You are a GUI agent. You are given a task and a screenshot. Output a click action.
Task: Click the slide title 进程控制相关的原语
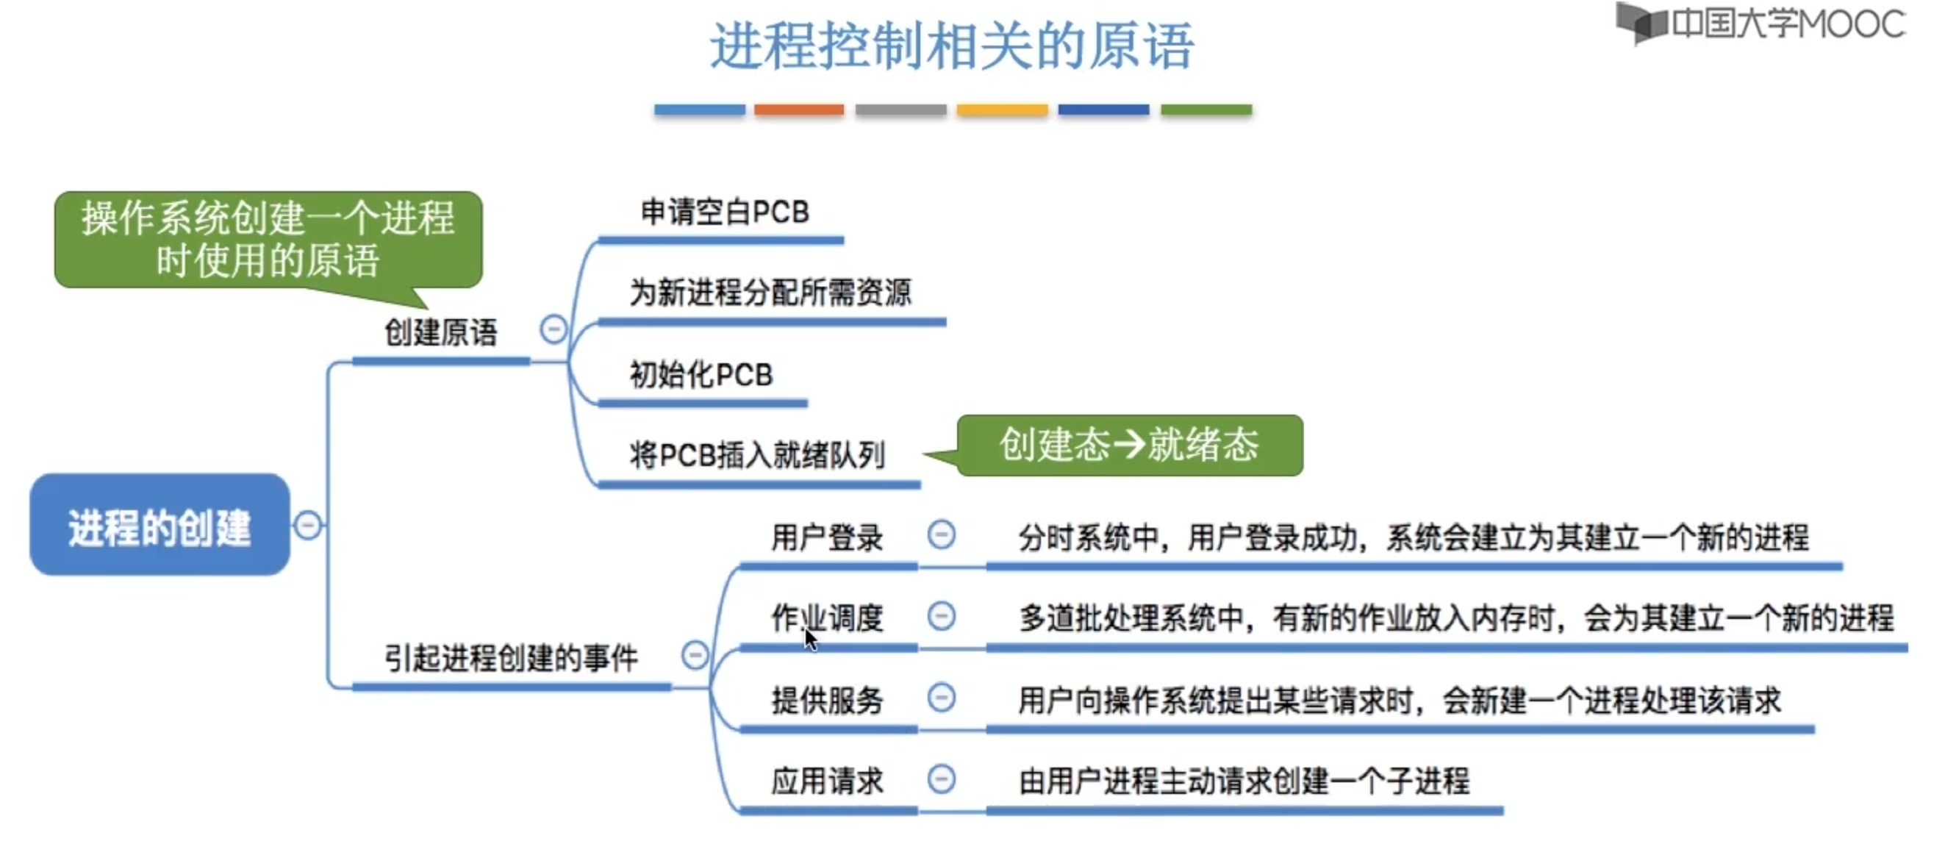pos(952,47)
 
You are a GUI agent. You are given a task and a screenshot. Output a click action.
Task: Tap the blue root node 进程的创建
pos(160,526)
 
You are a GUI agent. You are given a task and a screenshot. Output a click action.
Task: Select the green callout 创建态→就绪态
pos(1129,445)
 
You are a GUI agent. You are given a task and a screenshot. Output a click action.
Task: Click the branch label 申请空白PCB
pos(725,212)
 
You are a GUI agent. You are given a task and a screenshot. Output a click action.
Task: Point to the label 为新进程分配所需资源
pos(770,293)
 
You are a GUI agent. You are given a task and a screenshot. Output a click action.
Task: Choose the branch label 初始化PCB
pos(701,375)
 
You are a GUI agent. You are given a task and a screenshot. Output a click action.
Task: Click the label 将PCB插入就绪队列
pos(757,455)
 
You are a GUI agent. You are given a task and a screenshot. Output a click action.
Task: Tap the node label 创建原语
pos(441,333)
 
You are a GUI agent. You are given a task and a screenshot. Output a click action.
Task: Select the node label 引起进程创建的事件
pos(511,659)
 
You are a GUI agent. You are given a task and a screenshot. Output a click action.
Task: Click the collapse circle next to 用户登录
pos(941,535)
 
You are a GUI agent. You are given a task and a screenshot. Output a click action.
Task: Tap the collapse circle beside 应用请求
pos(941,779)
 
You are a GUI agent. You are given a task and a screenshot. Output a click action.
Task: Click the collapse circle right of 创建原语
pos(554,329)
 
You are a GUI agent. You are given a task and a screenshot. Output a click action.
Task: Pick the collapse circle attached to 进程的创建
pos(307,525)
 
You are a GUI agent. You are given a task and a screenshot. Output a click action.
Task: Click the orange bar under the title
pos(799,110)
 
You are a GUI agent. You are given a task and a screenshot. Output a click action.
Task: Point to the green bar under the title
pos(1206,110)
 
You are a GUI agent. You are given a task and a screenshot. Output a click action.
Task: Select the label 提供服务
pos(827,700)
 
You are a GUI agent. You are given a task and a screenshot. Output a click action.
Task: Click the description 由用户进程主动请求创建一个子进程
pos(1244,781)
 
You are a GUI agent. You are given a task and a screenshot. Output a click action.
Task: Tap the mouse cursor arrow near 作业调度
pos(810,640)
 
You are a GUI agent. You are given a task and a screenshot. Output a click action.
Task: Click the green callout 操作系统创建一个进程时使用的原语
pos(268,240)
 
